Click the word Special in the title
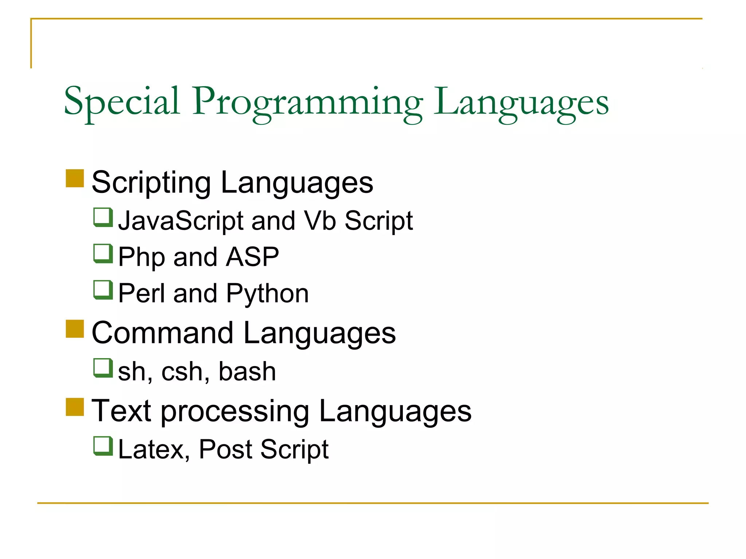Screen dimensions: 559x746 coord(122,101)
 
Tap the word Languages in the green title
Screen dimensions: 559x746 coord(521,103)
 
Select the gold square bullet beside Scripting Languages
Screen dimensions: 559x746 coord(75,178)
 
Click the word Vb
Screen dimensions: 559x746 coord(320,221)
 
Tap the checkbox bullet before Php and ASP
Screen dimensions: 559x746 coord(103,253)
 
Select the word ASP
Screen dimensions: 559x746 coord(252,257)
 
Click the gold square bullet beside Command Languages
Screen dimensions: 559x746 coord(75,329)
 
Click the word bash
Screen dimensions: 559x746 coord(247,372)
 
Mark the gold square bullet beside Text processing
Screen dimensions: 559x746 coord(75,407)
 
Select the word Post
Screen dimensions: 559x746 coord(225,449)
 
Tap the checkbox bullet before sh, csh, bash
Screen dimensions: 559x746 coord(103,368)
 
